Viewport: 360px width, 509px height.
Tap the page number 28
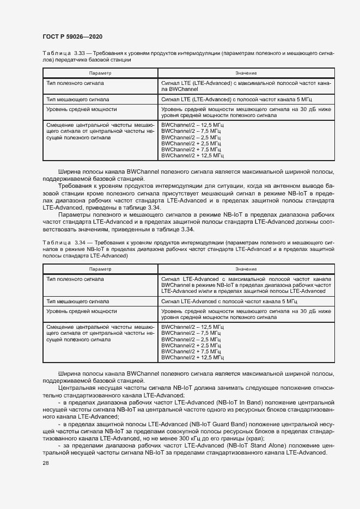45,463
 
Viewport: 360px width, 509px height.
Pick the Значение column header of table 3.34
246,269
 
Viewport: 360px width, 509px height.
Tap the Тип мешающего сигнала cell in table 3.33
78,100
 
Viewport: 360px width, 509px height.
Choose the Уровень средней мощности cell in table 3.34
81,311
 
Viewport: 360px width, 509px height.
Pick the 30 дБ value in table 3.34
308,311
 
